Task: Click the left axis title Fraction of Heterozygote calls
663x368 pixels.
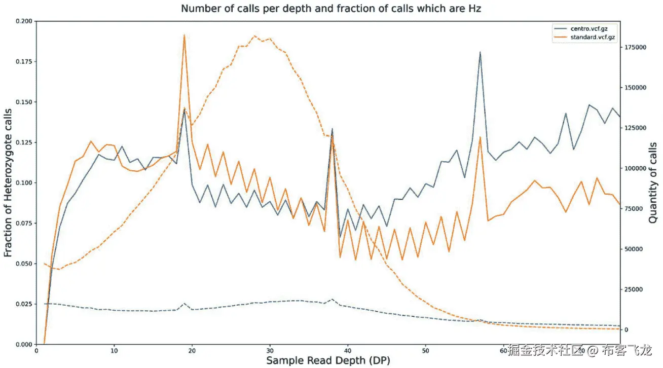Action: pos(8,183)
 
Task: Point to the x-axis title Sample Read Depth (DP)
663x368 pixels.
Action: pos(328,360)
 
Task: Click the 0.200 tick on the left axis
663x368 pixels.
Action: pos(24,21)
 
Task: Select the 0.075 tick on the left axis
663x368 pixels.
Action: pos(24,224)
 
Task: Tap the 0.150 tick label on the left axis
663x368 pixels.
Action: pos(24,102)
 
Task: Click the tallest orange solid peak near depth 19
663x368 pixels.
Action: pos(185,35)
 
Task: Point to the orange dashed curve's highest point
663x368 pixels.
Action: pos(254,36)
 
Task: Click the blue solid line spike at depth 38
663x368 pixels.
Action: pos(332,129)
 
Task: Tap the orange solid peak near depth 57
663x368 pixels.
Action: pos(480,137)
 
